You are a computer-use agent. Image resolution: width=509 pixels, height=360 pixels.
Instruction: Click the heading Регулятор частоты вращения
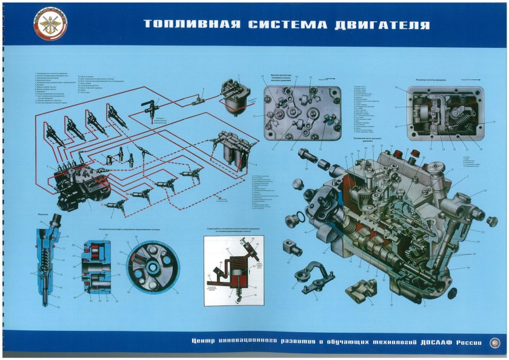(433, 80)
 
